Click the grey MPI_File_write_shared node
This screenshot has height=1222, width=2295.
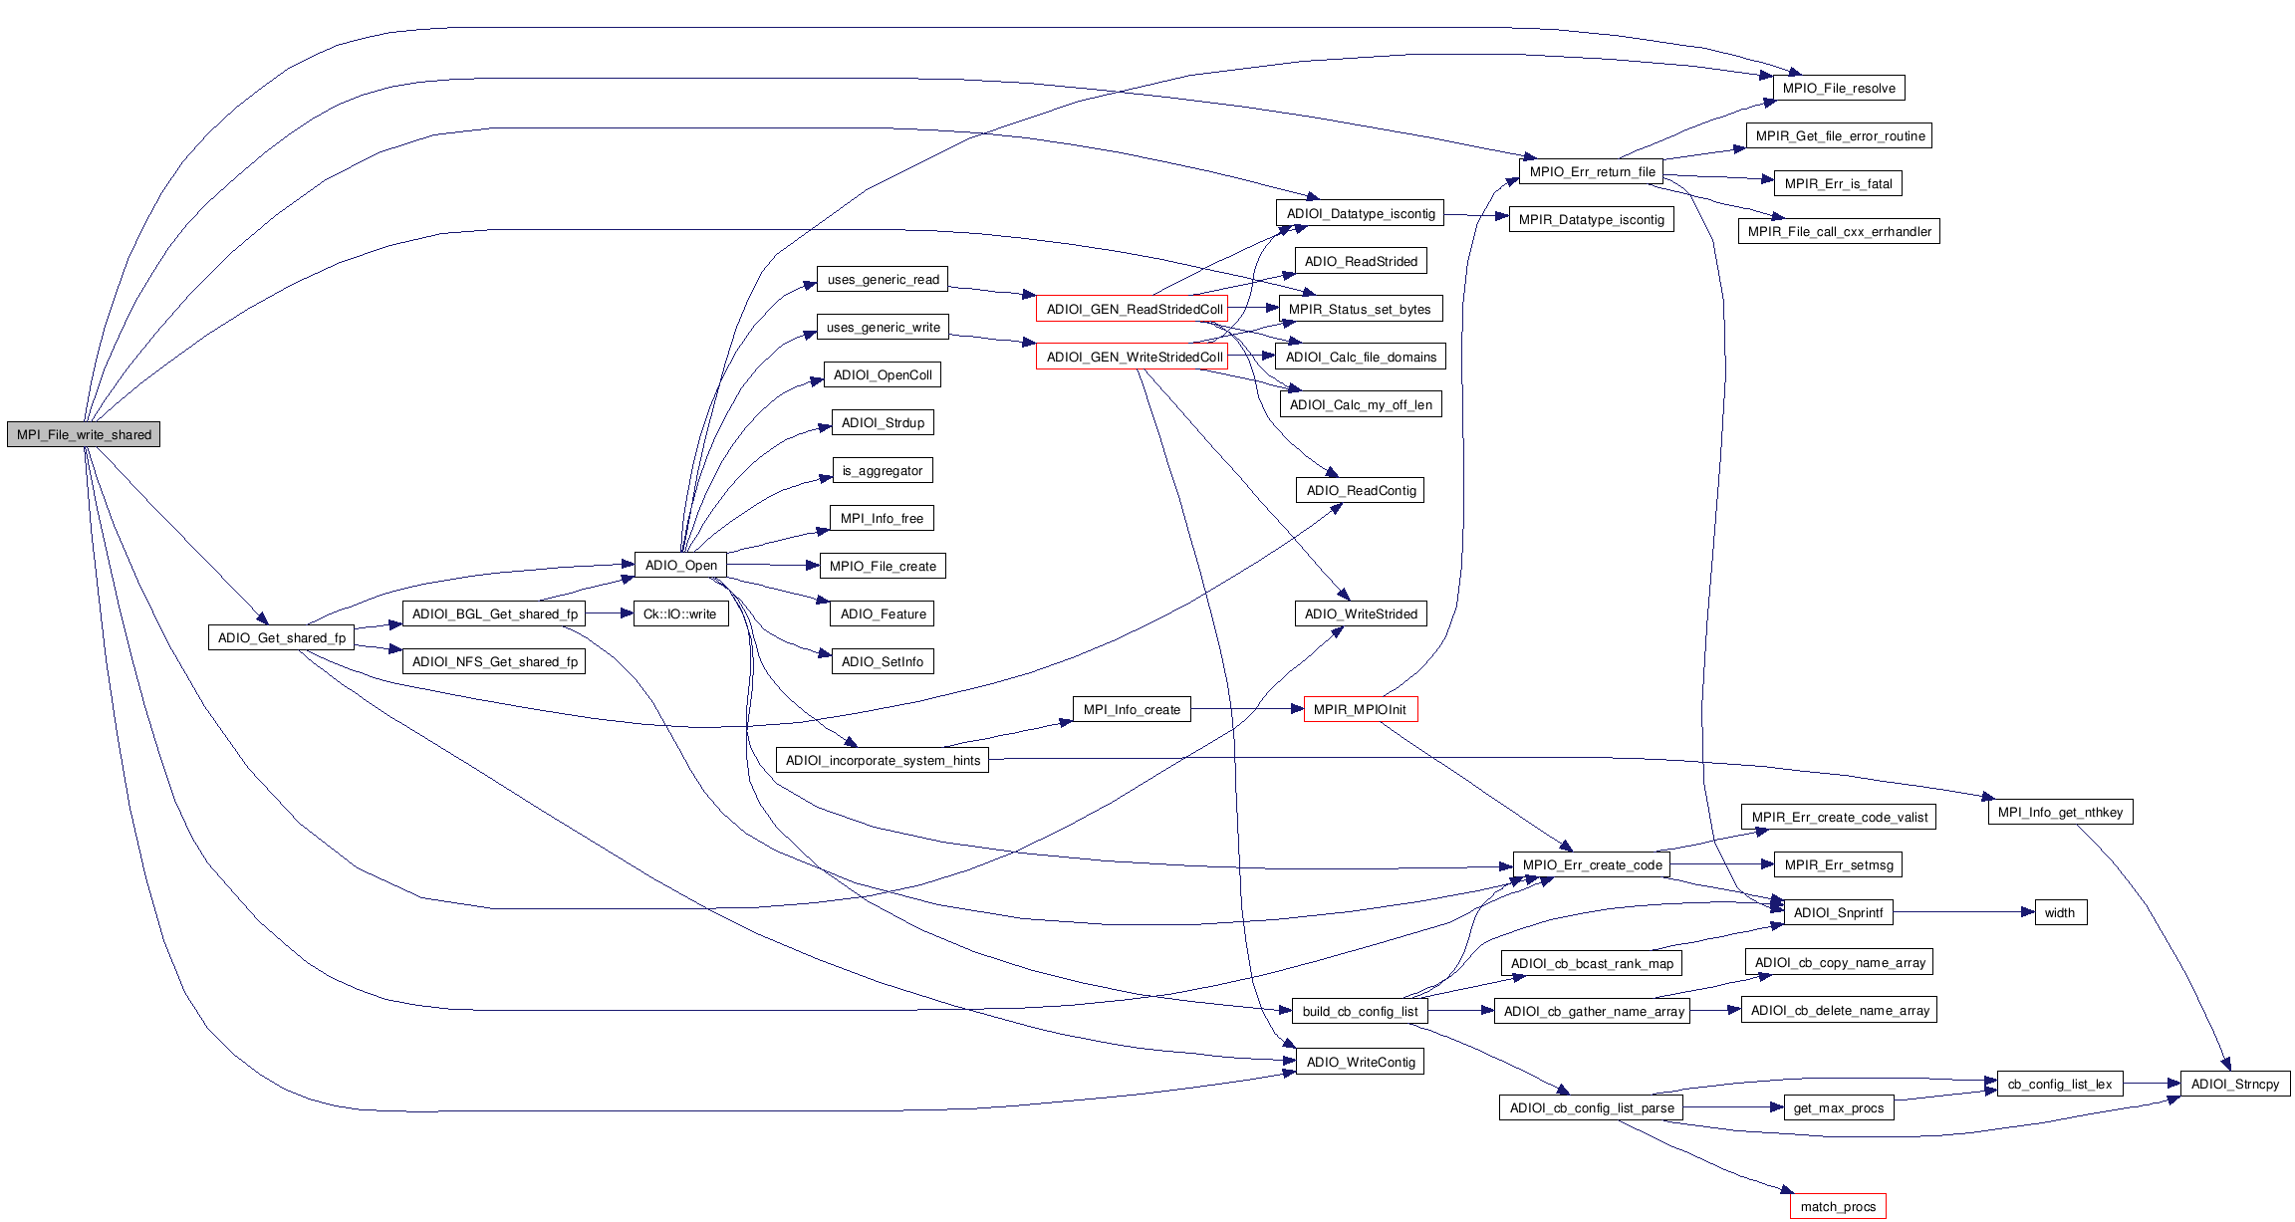pyautogui.click(x=84, y=434)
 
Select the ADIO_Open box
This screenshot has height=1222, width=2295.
pyautogui.click(x=680, y=565)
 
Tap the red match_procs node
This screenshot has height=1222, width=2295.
pyautogui.click(x=1838, y=1206)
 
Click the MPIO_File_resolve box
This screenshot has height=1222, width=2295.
pyautogui.click(x=1839, y=88)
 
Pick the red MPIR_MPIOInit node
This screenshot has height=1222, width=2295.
pyautogui.click(x=1360, y=709)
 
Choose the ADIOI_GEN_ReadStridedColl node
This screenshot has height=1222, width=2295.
pyautogui.click(x=1134, y=309)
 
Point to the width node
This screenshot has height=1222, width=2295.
pyautogui.click(x=2059, y=912)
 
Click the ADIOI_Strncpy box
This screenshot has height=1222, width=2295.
pyautogui.click(x=2234, y=1084)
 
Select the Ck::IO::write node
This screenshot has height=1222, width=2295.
pyautogui.click(x=679, y=613)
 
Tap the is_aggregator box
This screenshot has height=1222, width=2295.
pyautogui.click(x=883, y=470)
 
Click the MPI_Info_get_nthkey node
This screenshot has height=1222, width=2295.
pyautogui.click(x=2060, y=812)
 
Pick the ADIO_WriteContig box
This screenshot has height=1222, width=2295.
pyautogui.click(x=1360, y=1062)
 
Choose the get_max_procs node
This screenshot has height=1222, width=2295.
pyautogui.click(x=1838, y=1107)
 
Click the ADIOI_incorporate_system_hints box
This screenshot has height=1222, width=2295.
pyautogui.click(x=883, y=760)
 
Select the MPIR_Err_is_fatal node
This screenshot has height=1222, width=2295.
pyautogui.click(x=1838, y=183)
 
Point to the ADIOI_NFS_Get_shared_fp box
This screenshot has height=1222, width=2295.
pyautogui.click(x=494, y=661)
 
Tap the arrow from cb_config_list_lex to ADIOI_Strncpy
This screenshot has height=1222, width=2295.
pyautogui.click(x=2152, y=1084)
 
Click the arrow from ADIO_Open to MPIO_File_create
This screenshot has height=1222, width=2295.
pyautogui.click(x=773, y=565)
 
